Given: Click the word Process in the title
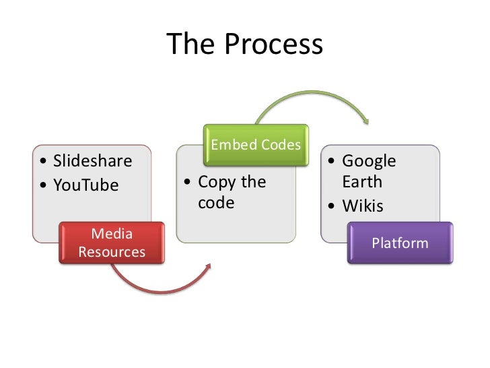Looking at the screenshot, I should (274, 45).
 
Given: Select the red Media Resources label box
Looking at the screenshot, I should (112, 243).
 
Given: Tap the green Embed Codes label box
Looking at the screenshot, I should (256, 145).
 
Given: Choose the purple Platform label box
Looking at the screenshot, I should (400, 243).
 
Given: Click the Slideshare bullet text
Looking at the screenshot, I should (92, 161).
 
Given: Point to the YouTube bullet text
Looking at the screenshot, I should (85, 185).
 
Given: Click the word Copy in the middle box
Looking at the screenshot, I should (215, 182).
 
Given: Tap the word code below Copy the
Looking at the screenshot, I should (216, 203).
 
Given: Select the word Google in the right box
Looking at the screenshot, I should (369, 161).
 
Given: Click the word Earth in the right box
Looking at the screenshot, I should (362, 182).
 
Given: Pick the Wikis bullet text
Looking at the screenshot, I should (362, 206).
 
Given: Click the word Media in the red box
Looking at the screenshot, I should (112, 235).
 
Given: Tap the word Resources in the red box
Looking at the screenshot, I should (112, 252).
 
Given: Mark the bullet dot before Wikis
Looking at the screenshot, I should (332, 206).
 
